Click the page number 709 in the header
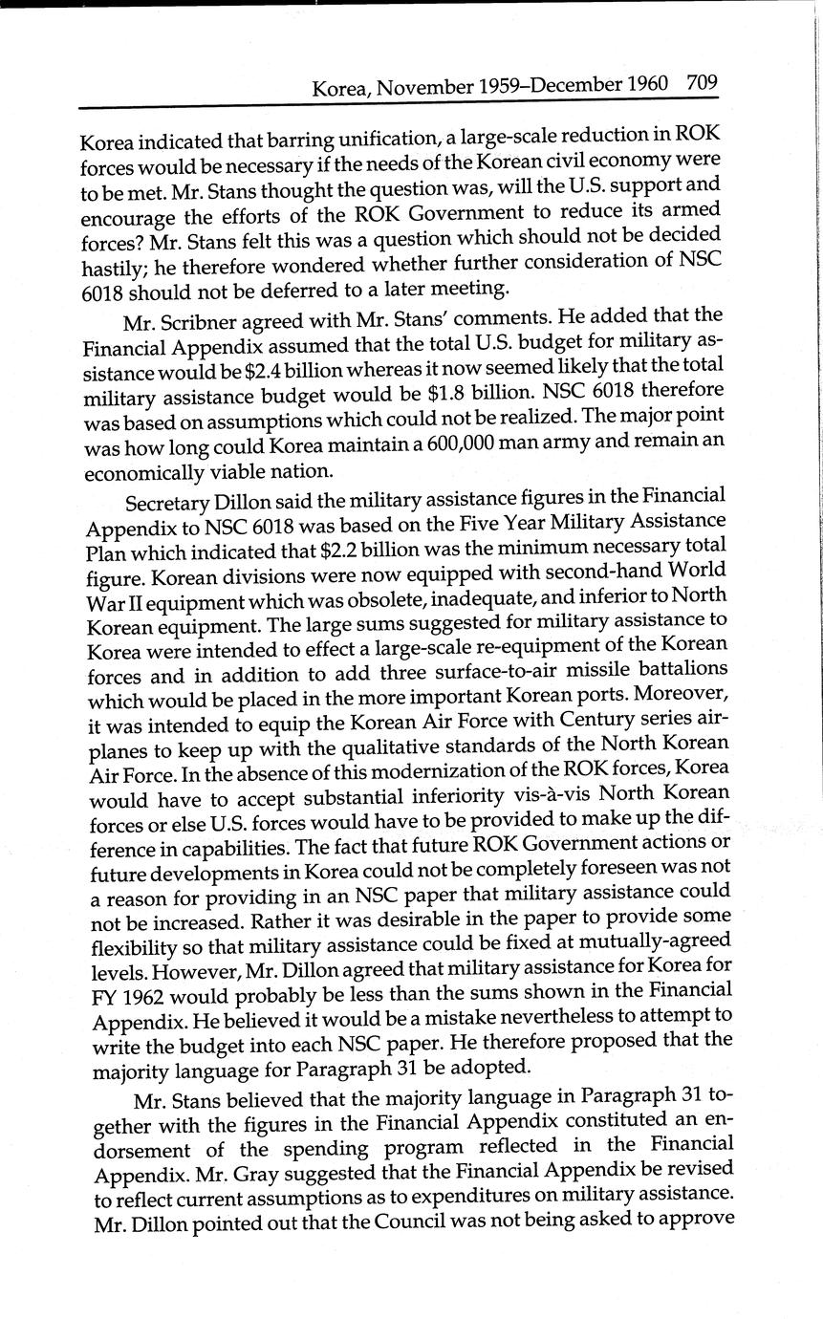coord(701,82)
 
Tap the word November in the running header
coord(425,89)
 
